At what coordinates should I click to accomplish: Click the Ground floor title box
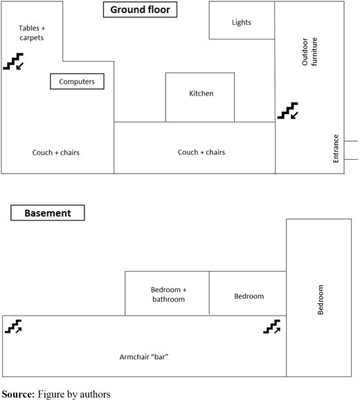pos(140,10)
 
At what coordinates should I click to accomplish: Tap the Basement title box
pos(48,213)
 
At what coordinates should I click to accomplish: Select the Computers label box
pos(77,82)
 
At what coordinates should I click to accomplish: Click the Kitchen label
pos(201,93)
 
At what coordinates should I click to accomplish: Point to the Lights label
pos(242,23)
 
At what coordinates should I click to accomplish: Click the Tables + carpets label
pos(32,33)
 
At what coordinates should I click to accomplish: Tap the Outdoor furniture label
pos(309,52)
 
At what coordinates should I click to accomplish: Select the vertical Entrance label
pos(336,149)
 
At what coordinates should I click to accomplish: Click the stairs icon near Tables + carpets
pos(13,62)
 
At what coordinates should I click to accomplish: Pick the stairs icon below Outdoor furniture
pos(288,111)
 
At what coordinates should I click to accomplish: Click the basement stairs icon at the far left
pos(13,327)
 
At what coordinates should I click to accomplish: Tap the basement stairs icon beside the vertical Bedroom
pos(272,327)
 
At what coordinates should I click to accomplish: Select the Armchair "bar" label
pos(144,357)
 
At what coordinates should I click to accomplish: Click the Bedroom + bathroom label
pos(169,294)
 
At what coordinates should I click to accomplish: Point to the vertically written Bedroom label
pos(321,300)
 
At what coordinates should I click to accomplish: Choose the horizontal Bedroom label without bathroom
pos(249,296)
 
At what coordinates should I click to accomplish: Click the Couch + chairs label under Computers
pos(56,152)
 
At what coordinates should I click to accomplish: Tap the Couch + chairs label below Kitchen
pos(201,152)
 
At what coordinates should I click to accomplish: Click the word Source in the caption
pos(18,394)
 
